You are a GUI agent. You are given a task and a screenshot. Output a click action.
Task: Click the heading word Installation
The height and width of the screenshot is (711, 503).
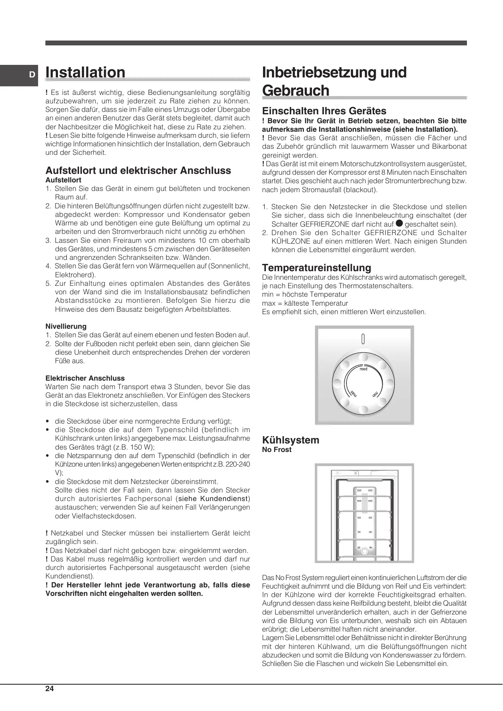85,73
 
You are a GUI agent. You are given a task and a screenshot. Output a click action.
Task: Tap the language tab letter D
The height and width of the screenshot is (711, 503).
31,75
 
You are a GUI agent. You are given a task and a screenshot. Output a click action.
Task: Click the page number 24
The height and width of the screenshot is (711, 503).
49,689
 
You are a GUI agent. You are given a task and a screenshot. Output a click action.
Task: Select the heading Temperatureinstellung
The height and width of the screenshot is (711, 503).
317,268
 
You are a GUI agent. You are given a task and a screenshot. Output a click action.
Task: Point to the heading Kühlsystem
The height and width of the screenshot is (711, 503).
291,440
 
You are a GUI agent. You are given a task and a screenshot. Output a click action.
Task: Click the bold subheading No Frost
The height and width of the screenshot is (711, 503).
277,450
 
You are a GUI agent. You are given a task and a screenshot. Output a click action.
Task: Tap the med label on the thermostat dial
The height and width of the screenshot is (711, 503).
364,369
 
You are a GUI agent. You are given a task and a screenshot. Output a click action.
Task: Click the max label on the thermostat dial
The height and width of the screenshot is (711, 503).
353,394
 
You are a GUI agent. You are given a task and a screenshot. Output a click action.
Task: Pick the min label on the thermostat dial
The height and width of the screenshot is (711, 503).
375,394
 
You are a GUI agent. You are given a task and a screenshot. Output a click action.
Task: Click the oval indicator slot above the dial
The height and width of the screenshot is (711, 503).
363,339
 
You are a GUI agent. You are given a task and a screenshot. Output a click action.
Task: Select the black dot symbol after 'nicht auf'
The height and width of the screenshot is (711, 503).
399,223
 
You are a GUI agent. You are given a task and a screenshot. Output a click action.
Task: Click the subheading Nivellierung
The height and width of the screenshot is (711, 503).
66,326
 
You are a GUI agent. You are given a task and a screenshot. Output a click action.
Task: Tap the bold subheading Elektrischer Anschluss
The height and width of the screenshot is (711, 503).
85,378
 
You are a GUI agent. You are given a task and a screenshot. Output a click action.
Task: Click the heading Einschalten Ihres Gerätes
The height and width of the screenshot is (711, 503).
324,111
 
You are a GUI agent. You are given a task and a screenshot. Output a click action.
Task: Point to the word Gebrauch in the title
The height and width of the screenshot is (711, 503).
295,90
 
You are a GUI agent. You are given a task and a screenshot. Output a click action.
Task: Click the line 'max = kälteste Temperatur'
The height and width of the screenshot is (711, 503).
305,303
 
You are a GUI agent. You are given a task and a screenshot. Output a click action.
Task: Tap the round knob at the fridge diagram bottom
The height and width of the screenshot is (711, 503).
364,551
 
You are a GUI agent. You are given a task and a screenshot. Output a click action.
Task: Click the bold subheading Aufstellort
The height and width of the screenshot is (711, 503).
63,180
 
